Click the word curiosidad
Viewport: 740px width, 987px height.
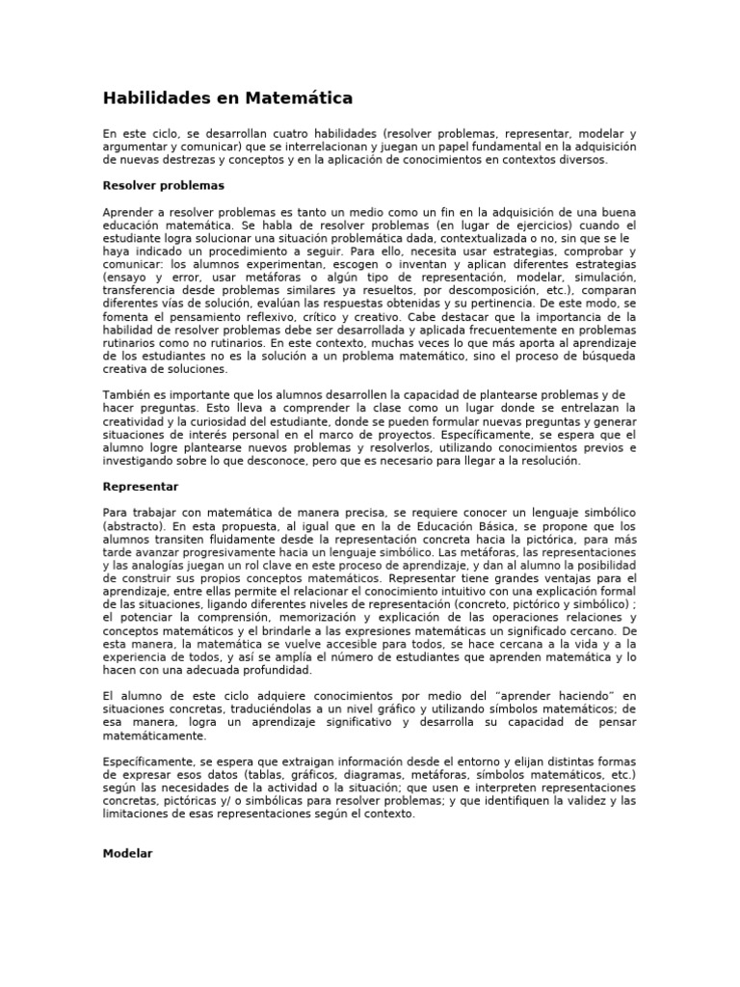pos(227,420)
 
